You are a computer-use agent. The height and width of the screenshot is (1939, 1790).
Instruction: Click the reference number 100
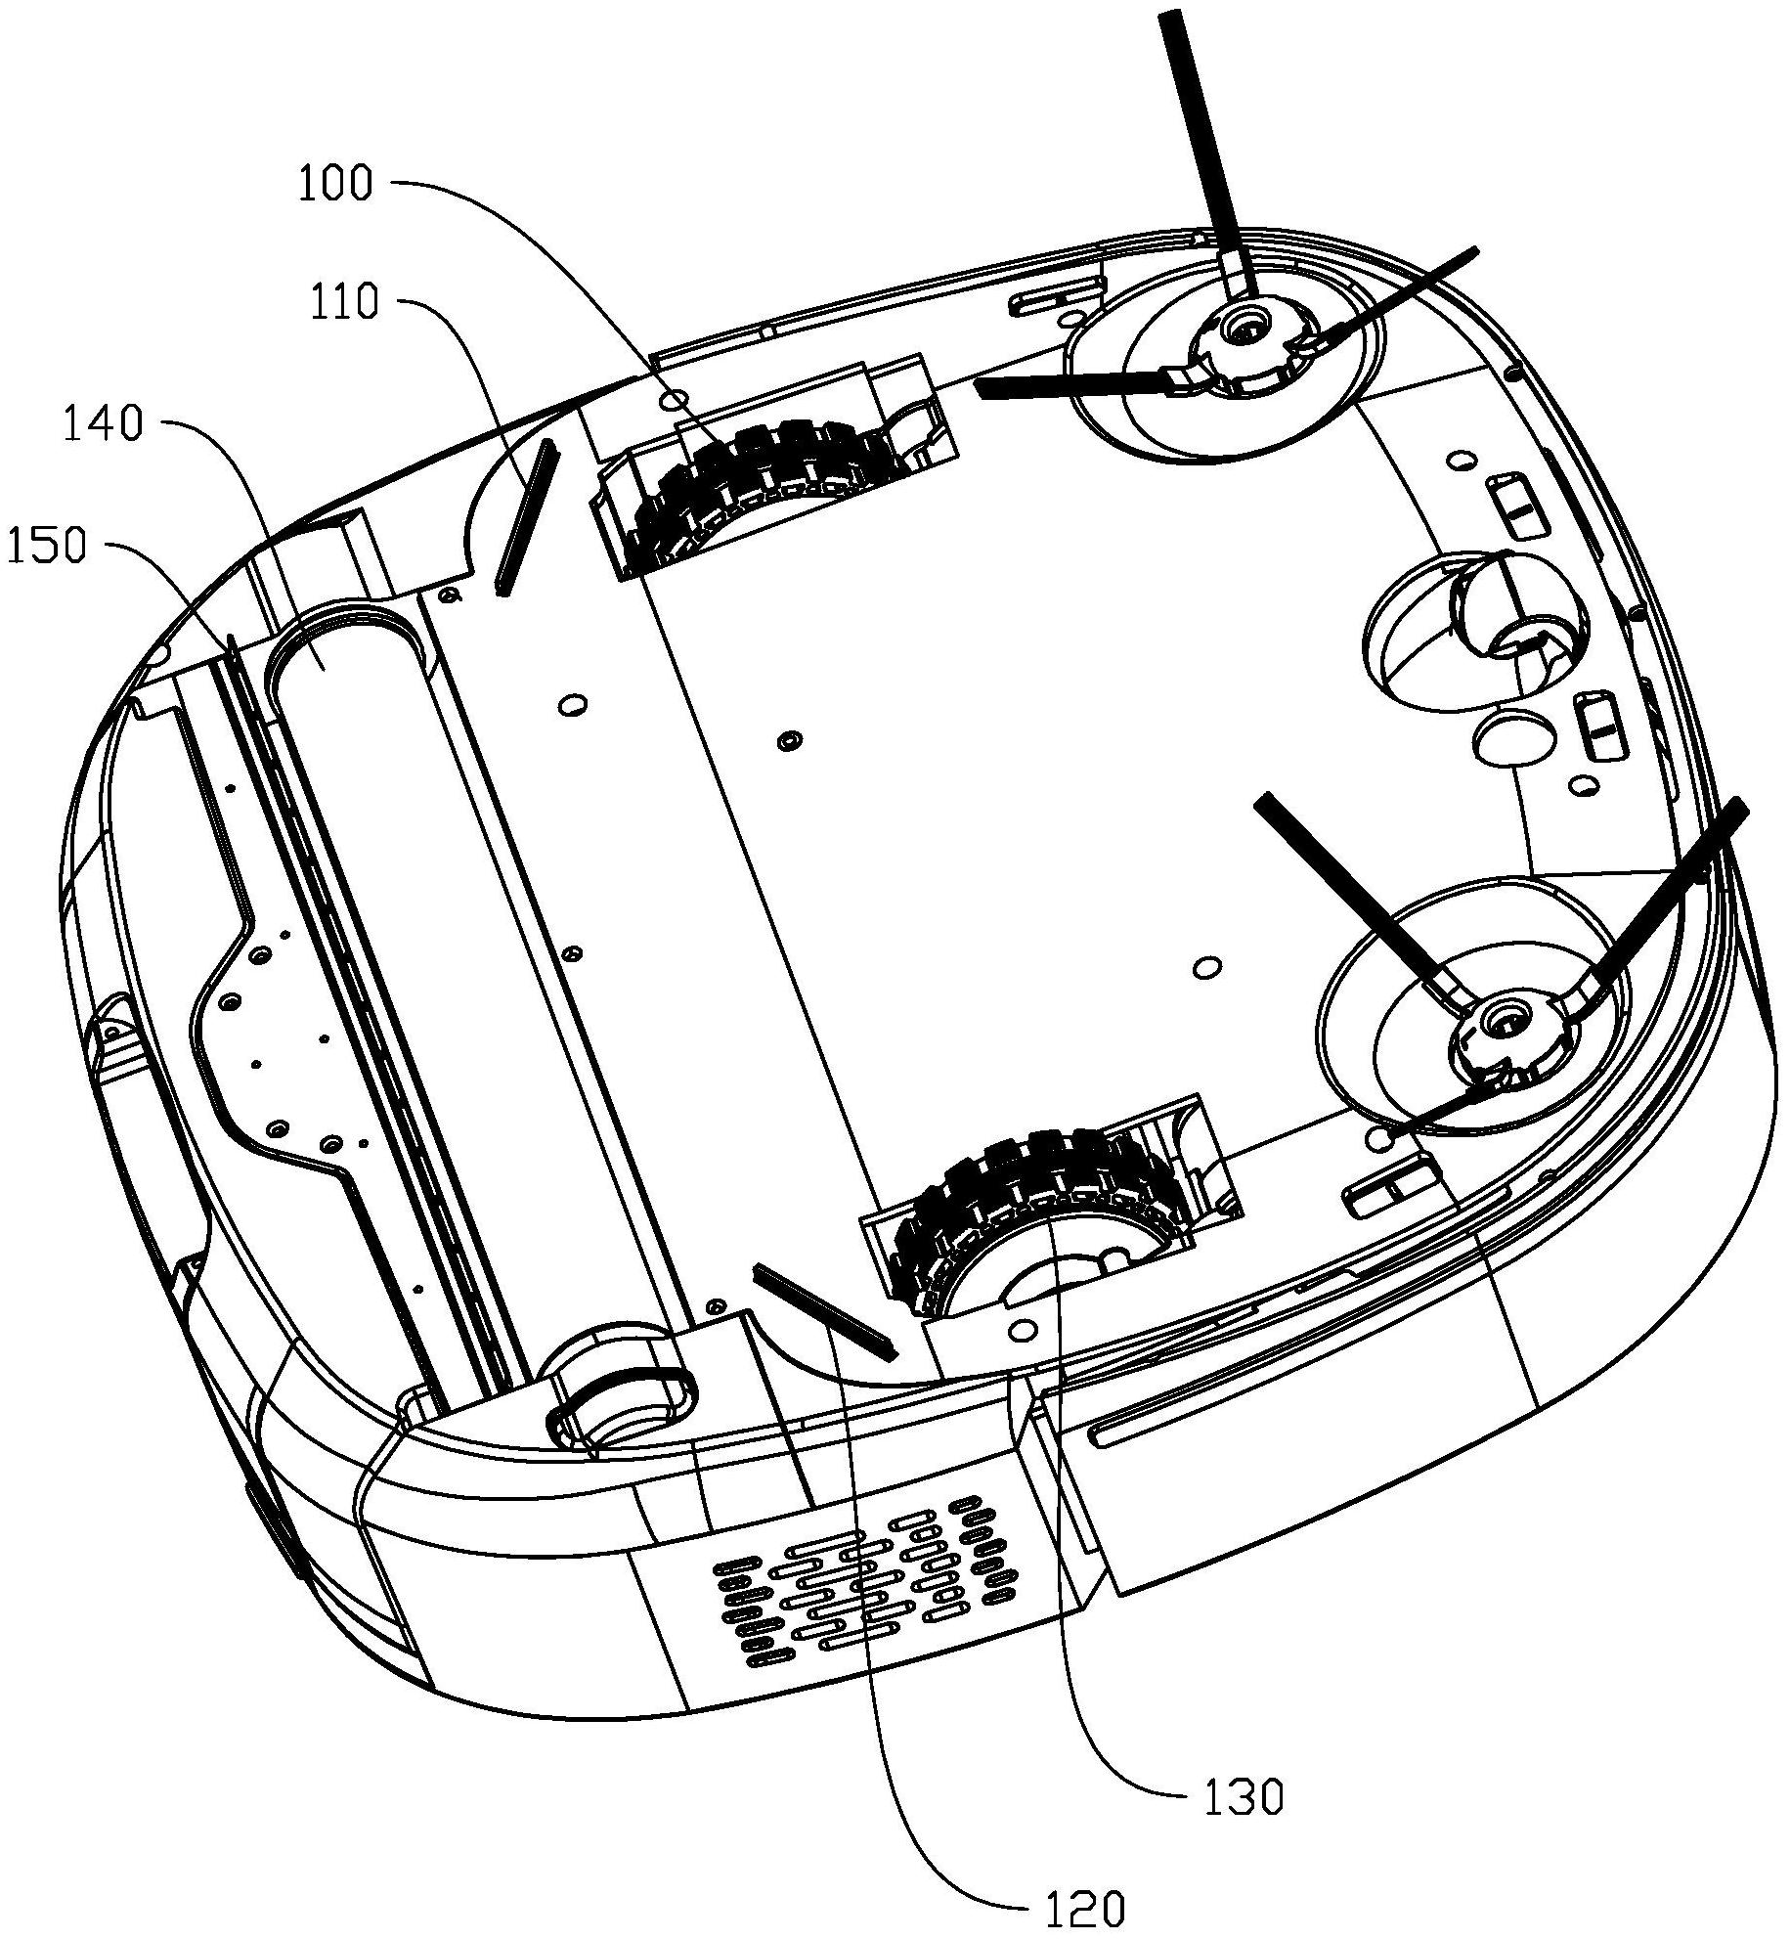click(335, 184)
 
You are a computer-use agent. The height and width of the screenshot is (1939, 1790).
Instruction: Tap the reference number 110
click(345, 302)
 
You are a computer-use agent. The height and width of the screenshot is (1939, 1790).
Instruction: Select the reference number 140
click(104, 425)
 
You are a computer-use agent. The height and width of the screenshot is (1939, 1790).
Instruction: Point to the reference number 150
click(47, 547)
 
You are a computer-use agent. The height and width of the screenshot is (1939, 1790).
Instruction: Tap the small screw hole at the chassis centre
click(787, 740)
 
